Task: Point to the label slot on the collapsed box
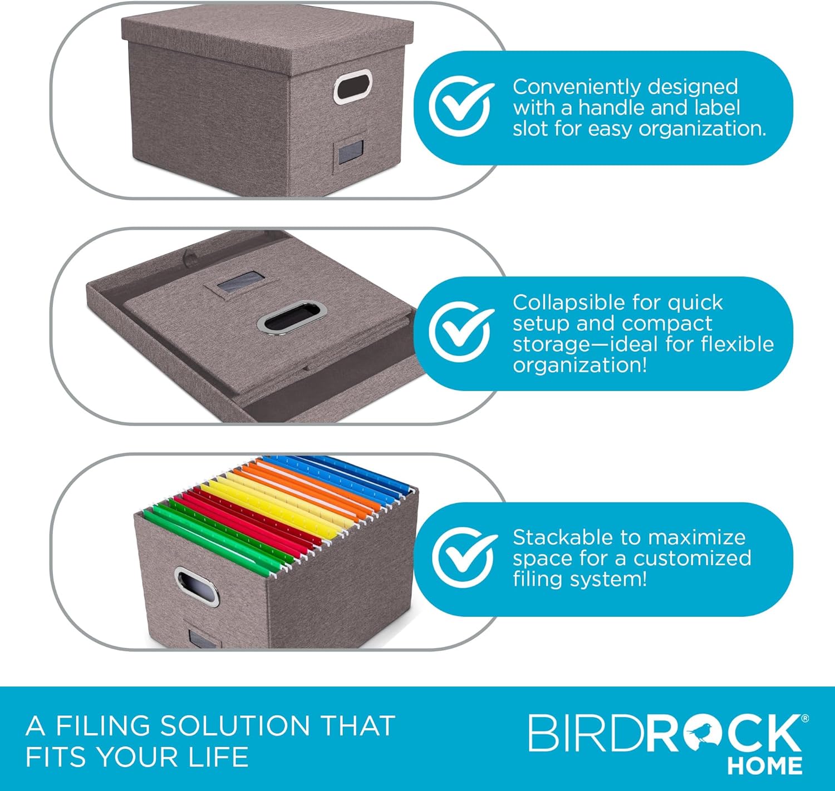pos(239,284)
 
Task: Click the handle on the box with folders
pos(196,587)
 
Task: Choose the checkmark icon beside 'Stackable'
pos(463,558)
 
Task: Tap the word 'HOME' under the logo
pos(764,766)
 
